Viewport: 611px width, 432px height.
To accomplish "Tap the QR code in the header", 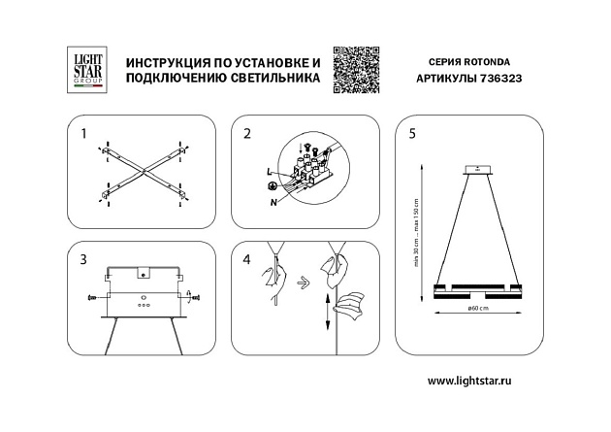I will [353, 70].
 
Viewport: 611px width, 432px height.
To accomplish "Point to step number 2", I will [247, 133].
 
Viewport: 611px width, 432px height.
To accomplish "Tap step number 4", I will [247, 259].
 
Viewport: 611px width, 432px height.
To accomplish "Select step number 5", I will [411, 133].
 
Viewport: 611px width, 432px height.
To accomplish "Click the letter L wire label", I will [267, 172].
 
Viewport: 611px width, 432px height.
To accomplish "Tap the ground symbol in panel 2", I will [273, 185].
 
